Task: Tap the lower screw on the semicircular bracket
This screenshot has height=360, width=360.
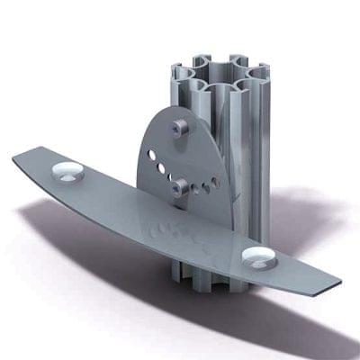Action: pyautogui.click(x=180, y=186)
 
